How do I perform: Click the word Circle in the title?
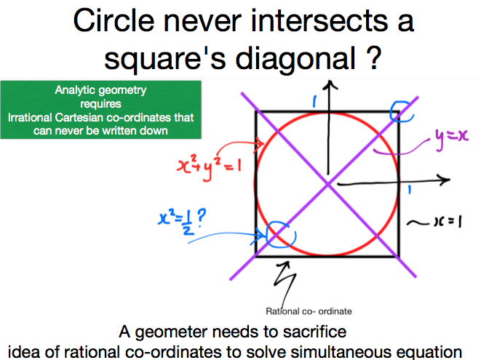(x=114, y=20)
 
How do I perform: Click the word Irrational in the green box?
(x=29, y=117)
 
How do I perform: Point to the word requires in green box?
(x=100, y=104)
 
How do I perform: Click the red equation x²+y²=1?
(x=210, y=167)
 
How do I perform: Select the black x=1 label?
(x=448, y=221)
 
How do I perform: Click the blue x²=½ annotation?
(x=182, y=221)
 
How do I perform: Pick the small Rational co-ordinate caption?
(x=309, y=311)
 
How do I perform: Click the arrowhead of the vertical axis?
(x=330, y=84)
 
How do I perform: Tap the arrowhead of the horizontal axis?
(x=445, y=180)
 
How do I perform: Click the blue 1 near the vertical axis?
(x=314, y=102)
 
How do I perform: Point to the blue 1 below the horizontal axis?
(x=409, y=190)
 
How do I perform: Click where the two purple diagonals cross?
(x=328, y=184)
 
